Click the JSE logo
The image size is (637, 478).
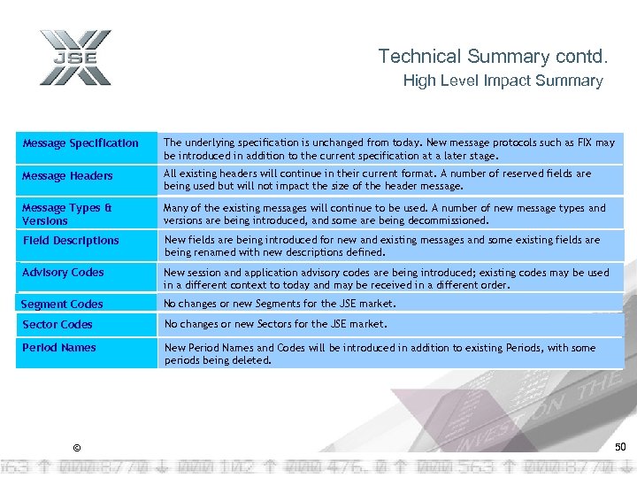[75, 58]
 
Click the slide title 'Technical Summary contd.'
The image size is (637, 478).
[493, 57]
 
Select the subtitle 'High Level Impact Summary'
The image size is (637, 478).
[503, 81]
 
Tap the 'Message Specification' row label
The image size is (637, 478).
[81, 143]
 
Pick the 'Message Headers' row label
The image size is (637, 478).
[68, 175]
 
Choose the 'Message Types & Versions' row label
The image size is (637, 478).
[67, 214]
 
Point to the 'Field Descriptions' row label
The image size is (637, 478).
[71, 240]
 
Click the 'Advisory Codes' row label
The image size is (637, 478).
[63, 272]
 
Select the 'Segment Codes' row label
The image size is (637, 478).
[62, 304]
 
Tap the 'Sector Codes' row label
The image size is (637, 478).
[58, 324]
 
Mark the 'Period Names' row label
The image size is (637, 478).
[59, 347]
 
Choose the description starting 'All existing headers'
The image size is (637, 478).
[378, 180]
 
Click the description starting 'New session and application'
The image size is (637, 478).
[387, 279]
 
